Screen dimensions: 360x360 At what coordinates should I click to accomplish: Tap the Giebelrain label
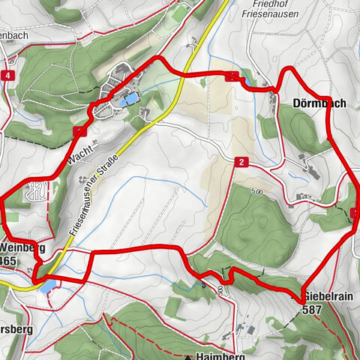tap(328, 295)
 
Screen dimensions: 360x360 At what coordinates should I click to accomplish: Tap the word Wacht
tap(78, 150)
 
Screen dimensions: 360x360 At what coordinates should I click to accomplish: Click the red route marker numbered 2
tap(241, 161)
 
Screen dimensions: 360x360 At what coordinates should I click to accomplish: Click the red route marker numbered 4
tap(6, 76)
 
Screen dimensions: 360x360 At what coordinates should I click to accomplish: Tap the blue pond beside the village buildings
tap(130, 98)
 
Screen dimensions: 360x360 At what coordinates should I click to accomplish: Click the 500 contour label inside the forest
tap(258, 193)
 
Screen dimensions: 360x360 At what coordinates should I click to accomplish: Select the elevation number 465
tap(9, 260)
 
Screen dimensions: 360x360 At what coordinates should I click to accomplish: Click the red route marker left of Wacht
tap(78, 131)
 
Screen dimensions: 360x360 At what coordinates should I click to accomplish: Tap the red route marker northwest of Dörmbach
tap(233, 76)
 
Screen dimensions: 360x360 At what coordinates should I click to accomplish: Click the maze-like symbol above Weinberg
tap(33, 191)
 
